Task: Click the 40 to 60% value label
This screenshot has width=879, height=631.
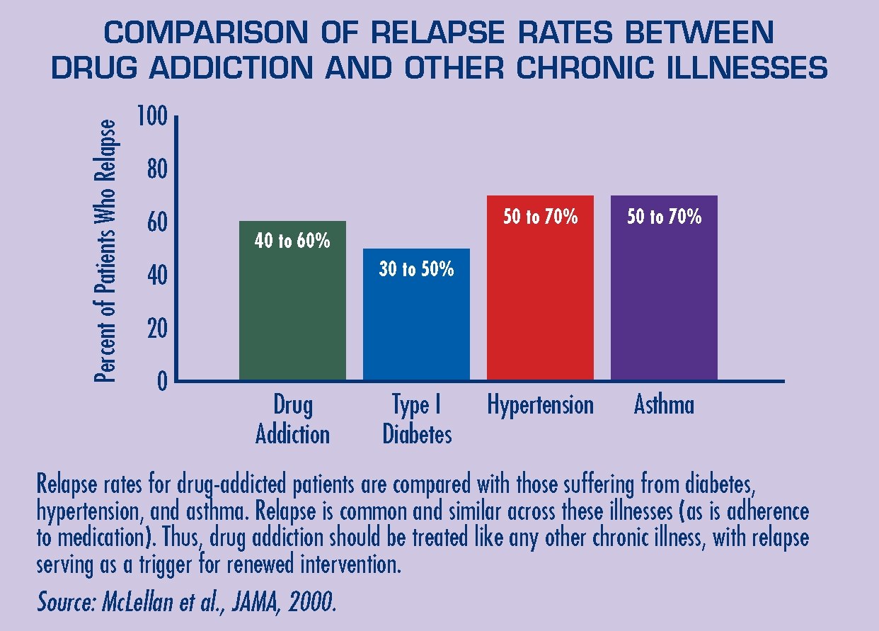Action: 292,241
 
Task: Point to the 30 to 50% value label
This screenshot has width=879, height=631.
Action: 416,269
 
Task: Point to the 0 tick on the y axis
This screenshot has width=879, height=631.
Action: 162,382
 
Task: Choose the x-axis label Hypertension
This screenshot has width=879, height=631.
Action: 540,404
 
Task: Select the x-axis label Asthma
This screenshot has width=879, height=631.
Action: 664,404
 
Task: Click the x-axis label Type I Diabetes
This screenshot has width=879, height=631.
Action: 417,419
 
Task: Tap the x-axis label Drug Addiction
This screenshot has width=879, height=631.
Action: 292,419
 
